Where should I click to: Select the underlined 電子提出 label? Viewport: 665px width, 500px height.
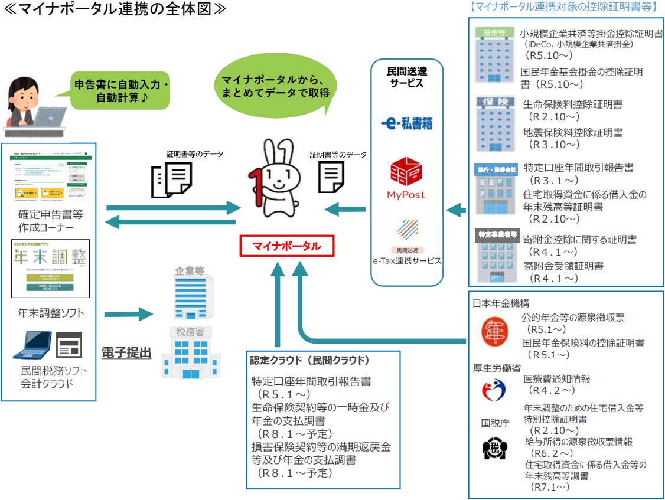[126, 353]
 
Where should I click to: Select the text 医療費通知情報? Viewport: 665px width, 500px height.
[557, 378]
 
